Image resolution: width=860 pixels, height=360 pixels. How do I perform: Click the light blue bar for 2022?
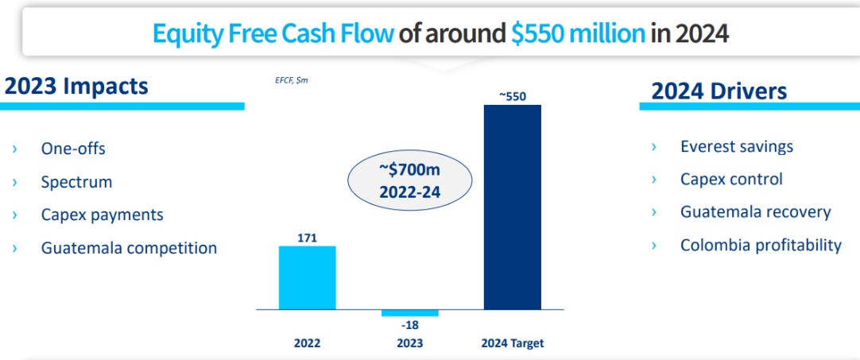tap(307, 277)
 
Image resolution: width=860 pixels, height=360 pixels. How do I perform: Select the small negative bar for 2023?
tap(409, 312)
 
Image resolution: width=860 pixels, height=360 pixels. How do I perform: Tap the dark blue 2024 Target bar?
tap(512, 207)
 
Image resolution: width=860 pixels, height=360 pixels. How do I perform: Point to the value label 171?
tap(307, 238)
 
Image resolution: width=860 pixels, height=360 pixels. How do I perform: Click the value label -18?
tap(409, 324)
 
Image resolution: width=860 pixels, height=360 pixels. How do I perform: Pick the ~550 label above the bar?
tap(512, 96)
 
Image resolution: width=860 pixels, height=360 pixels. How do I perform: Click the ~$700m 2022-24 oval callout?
tap(409, 180)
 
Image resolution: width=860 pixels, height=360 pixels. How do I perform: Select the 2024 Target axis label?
tap(512, 344)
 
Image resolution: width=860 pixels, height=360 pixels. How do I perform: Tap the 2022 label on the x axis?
tap(307, 344)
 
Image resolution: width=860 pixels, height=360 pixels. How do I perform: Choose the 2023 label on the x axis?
tap(409, 344)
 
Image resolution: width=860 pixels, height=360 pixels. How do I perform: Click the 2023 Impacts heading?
tap(76, 86)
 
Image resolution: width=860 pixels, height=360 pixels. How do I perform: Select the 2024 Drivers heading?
tap(719, 91)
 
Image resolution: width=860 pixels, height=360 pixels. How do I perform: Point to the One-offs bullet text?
tap(73, 149)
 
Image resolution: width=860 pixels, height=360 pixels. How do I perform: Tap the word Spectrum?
tap(76, 182)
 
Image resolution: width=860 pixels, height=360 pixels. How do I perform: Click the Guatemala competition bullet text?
tap(129, 248)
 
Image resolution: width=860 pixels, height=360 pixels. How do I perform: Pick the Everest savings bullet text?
tap(736, 146)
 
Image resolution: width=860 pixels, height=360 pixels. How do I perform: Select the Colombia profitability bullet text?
tap(760, 245)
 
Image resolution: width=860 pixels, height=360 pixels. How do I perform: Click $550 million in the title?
tap(576, 34)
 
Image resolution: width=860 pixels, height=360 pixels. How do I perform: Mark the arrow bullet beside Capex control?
tap(654, 180)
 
